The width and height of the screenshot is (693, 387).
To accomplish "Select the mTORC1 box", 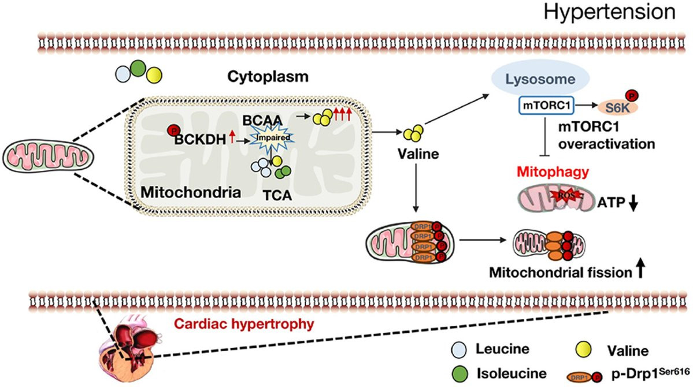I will pos(539,107).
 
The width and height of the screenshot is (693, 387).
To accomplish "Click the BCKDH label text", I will pos(200,139).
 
